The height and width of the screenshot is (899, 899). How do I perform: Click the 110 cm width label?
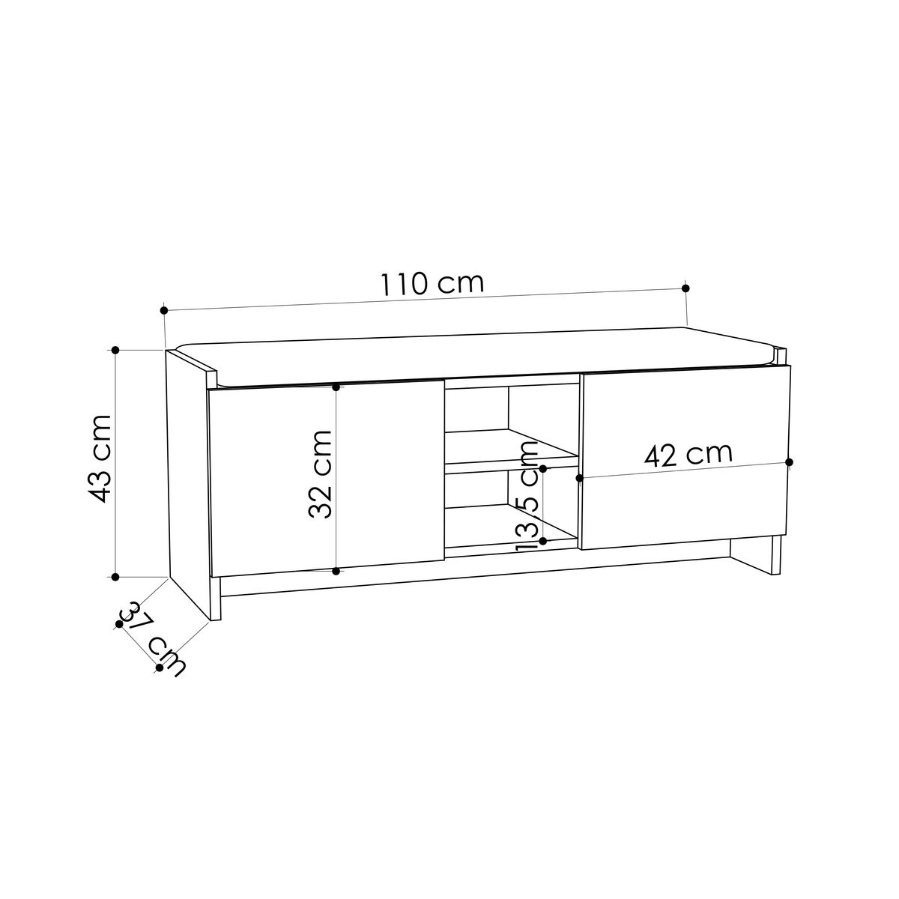[432, 284]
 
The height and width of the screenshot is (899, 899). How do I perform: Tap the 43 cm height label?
[98, 458]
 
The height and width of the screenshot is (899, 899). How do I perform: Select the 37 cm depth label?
[154, 637]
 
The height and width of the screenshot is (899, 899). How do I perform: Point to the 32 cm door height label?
[319, 473]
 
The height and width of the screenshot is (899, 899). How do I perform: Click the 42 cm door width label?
[688, 454]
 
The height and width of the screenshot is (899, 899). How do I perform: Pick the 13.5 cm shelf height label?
[527, 495]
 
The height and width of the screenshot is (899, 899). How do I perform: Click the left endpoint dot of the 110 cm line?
[164, 309]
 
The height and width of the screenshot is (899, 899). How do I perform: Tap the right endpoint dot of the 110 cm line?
[685, 288]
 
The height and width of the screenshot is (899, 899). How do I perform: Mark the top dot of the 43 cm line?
[115, 350]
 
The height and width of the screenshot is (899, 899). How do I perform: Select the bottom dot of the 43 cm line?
[115, 576]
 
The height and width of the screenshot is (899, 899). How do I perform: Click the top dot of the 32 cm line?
[336, 387]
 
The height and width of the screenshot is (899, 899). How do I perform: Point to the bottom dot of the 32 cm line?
[336, 572]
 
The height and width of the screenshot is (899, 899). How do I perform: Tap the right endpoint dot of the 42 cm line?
[790, 461]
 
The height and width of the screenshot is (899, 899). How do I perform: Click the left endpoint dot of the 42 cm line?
[579, 477]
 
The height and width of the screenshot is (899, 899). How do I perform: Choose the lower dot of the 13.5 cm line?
[543, 539]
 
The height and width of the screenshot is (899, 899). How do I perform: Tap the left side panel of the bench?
[191, 479]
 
